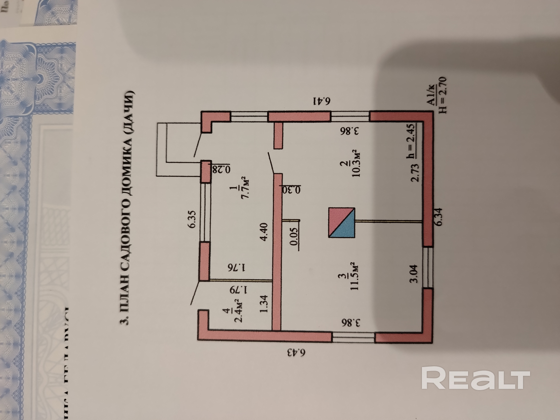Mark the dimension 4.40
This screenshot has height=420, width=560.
(x=263, y=232)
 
